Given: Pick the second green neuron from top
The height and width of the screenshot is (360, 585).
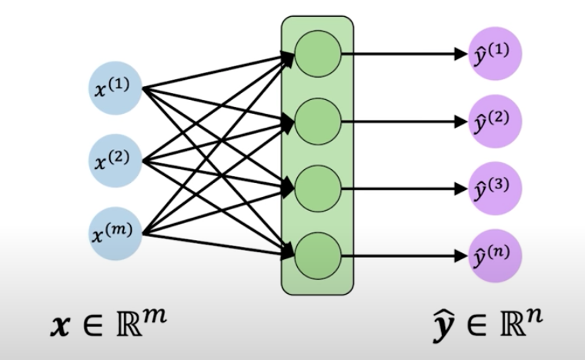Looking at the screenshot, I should point(317,121).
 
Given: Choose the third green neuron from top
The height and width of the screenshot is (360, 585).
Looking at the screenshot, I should point(317,187).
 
